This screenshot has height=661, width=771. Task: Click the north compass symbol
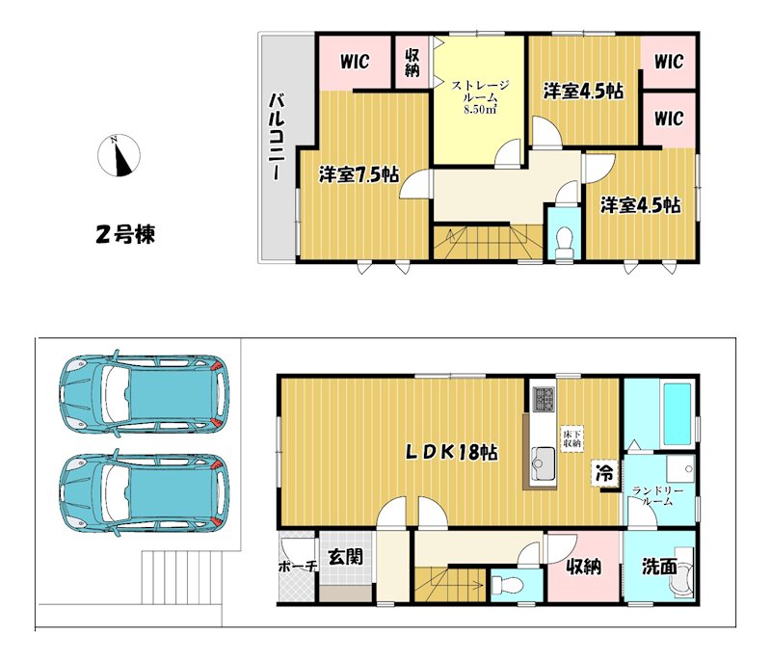click(x=119, y=155)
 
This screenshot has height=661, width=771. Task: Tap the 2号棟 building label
click(x=125, y=234)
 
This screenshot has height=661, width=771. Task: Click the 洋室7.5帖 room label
click(x=359, y=174)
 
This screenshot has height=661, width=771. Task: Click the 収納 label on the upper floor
click(x=412, y=63)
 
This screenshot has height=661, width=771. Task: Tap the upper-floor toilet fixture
click(x=564, y=241)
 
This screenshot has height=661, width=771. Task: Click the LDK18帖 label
click(x=451, y=452)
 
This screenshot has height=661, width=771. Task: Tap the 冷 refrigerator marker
click(x=604, y=473)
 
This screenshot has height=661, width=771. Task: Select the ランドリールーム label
click(x=657, y=496)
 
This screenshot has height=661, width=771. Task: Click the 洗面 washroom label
click(x=659, y=567)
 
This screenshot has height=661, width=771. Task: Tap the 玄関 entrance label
click(x=346, y=557)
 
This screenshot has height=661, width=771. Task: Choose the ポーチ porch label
click(x=297, y=567)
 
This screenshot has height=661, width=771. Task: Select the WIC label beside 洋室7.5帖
click(x=355, y=62)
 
